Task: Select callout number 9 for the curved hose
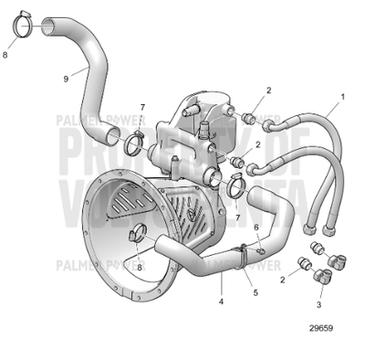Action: coord(65,79)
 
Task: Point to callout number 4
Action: coord(221,298)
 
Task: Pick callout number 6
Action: coord(256,228)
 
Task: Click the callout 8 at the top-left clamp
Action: coord(7,55)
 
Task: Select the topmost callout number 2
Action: coord(269,90)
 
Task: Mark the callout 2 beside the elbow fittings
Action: coord(283,281)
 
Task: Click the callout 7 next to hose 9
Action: coord(142,110)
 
